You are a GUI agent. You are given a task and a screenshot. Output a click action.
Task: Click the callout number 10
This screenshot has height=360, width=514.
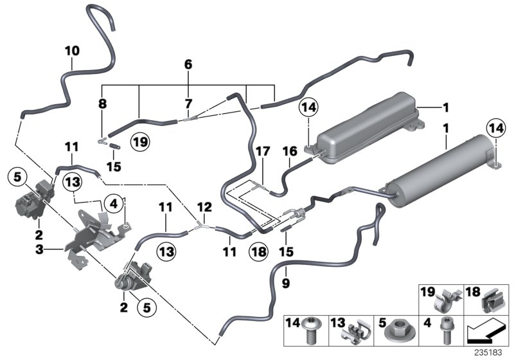tap(72, 50)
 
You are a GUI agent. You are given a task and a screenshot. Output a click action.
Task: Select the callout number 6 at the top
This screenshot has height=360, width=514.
tap(188, 64)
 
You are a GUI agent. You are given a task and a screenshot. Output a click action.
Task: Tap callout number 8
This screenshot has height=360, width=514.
tap(103, 102)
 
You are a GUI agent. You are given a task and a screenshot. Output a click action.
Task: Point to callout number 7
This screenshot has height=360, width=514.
tap(188, 103)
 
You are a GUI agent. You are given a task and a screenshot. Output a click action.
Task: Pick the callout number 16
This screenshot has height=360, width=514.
tap(288, 152)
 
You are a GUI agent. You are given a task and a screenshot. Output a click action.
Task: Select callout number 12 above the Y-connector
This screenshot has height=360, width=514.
tap(204, 207)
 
